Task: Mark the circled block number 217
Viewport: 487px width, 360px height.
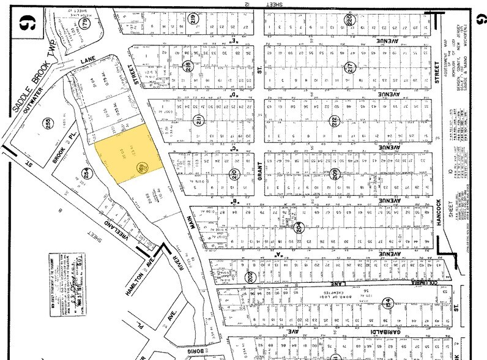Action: (350, 66)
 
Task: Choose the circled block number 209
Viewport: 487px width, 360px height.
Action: (334, 173)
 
